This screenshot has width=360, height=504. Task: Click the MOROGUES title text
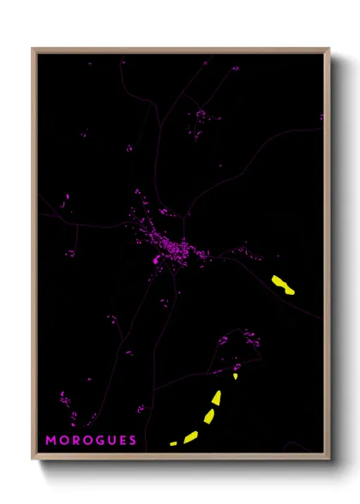pyautogui.click(x=91, y=441)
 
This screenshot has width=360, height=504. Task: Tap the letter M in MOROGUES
pyautogui.click(x=51, y=441)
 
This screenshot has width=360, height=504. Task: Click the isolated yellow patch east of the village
pyautogui.click(x=282, y=285)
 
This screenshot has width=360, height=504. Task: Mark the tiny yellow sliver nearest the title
pyautogui.click(x=173, y=443)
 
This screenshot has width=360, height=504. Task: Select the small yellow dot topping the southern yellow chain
pyautogui.click(x=235, y=375)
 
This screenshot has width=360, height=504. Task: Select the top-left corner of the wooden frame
pyautogui.click(x=33, y=50)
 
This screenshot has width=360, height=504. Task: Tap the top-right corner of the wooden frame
pyautogui.click(x=328, y=50)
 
